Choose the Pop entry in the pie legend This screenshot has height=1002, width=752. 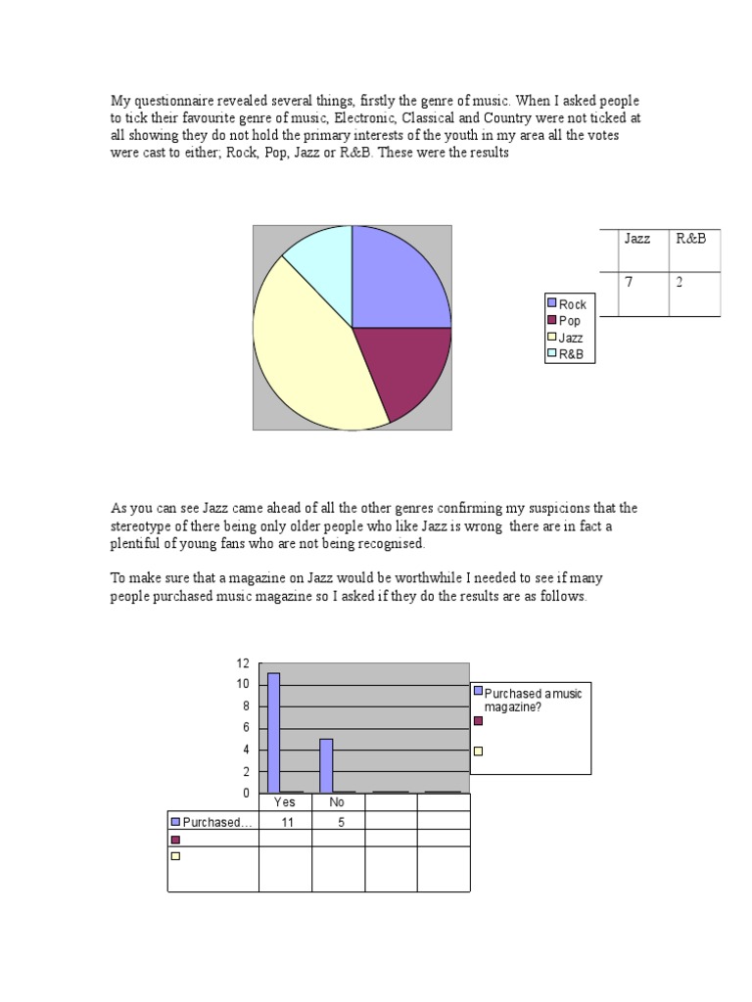point(569,321)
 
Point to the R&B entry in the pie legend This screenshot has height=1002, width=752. point(570,354)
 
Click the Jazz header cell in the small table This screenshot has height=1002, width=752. point(637,239)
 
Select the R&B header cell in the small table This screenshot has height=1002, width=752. point(690,239)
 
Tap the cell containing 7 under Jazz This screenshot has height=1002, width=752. point(632,283)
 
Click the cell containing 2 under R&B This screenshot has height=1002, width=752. point(680,283)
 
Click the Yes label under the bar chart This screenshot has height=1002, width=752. point(285,802)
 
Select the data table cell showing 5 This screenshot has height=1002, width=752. point(338,822)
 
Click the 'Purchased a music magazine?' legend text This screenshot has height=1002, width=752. point(534,701)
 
